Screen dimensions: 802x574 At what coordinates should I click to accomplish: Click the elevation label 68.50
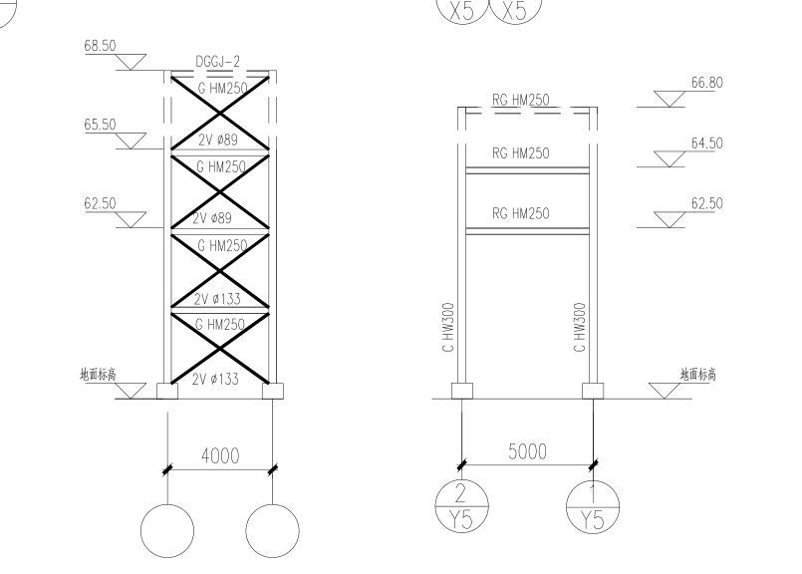[101, 46]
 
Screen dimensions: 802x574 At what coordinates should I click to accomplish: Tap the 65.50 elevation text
[101, 125]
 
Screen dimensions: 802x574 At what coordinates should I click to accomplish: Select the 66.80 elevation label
[707, 83]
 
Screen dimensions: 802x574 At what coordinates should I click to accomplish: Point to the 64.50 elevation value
[707, 143]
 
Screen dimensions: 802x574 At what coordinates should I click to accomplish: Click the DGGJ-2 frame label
[218, 62]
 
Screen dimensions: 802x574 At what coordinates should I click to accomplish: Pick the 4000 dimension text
[220, 455]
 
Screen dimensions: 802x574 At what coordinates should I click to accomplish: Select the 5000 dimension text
[527, 451]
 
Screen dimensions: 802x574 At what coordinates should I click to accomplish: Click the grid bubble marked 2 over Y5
[461, 506]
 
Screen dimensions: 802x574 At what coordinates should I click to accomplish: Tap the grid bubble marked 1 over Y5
[593, 506]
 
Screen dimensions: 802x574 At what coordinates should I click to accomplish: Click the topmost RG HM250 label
[521, 100]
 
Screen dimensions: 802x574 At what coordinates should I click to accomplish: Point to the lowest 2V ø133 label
[215, 379]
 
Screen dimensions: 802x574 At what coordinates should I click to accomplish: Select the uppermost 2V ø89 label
[218, 140]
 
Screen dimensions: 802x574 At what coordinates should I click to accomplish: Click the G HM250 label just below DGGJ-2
[222, 88]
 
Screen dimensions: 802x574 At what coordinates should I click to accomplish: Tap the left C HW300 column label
[448, 328]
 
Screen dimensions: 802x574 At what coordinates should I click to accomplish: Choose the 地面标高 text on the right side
[697, 375]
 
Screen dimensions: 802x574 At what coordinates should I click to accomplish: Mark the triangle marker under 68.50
[131, 62]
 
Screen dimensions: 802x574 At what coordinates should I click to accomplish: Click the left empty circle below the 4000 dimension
[167, 531]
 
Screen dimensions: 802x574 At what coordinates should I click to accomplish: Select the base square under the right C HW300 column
[593, 391]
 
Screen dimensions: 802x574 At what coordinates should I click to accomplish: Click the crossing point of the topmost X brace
[220, 113]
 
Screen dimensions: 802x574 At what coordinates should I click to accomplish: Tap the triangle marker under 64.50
[669, 159]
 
